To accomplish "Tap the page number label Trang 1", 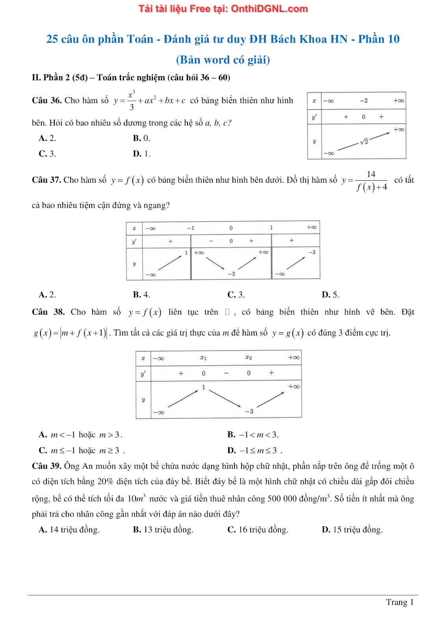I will (400, 602).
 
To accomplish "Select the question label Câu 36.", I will (46, 100).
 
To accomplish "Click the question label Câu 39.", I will (46, 466).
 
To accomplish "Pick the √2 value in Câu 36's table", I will (364, 141).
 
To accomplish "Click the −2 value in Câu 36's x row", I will (363, 101).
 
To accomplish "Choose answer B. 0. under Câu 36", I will (141, 138).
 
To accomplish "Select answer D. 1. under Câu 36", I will (141, 154).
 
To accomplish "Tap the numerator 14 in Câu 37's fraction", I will (371, 174).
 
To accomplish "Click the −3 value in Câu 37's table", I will (312, 252).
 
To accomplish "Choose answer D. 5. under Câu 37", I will (330, 295).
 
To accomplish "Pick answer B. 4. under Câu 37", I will (141, 295).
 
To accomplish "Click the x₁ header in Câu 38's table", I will (203, 358).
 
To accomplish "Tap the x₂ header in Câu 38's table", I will (249, 358).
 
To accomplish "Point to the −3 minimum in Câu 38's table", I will (249, 411).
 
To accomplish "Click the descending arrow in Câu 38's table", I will (225, 398).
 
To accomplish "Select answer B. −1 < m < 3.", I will (253, 435).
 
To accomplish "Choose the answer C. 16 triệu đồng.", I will (258, 530).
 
